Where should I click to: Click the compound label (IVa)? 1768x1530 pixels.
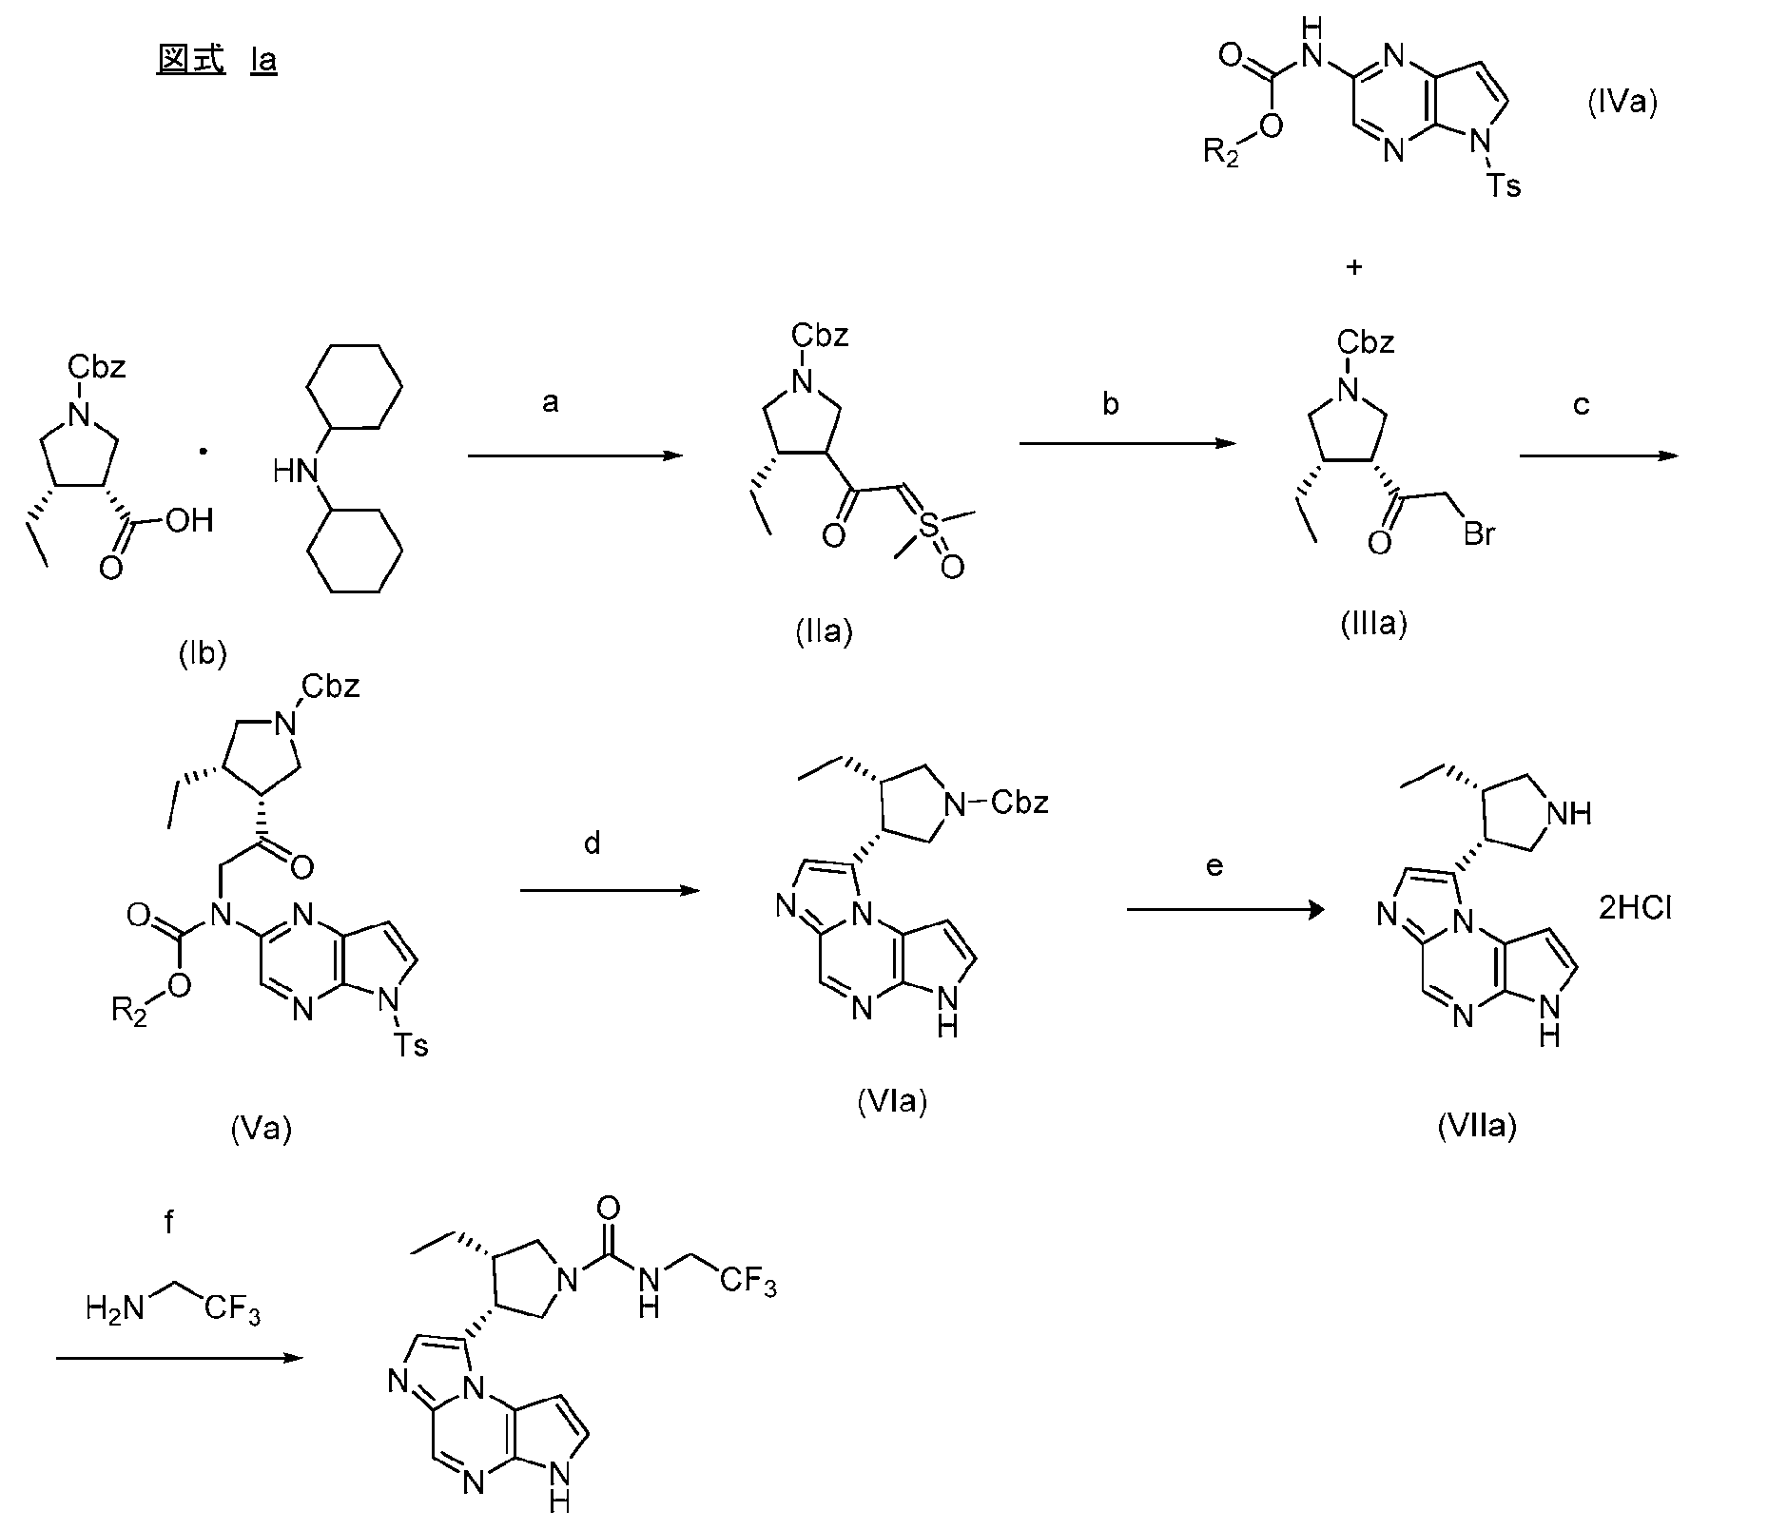tap(1622, 103)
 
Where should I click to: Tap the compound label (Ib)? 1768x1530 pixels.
tap(203, 654)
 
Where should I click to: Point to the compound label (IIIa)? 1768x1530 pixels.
tap(1372, 623)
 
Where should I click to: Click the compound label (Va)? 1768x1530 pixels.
tap(261, 1129)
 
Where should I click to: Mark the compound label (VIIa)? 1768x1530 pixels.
tap(1476, 1126)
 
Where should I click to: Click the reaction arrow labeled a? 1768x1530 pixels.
tap(575, 456)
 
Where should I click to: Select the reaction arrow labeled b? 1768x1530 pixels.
tap(1127, 444)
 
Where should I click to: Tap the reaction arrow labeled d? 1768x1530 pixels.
tap(610, 891)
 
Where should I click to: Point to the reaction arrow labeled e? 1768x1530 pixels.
tap(1225, 910)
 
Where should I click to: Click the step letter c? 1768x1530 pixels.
tap(1581, 405)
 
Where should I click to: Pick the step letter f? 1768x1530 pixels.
tap(169, 1222)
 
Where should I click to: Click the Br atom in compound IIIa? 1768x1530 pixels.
tap(1479, 534)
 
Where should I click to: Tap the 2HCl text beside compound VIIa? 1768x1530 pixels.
tap(1635, 909)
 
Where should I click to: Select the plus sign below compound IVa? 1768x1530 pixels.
tap(1354, 267)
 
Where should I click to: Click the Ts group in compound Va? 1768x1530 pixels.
tap(411, 1047)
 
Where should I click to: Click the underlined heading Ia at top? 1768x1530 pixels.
tap(263, 61)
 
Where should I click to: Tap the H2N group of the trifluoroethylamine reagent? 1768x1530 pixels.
tap(113, 1309)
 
